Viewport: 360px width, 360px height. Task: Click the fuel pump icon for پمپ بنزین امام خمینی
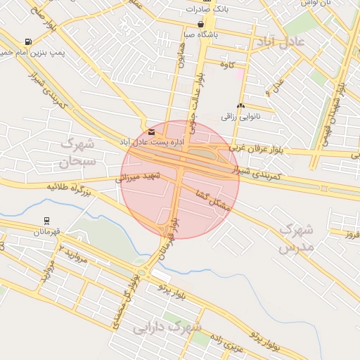pos(28,42)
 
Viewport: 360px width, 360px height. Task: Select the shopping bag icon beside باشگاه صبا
pos(201,24)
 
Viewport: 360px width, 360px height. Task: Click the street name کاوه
pos(226,65)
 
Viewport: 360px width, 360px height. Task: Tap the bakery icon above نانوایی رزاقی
pos(240,105)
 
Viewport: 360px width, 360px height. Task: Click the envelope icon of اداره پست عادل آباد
pos(151,131)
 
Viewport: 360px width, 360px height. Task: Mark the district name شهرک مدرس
pos(295,238)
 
